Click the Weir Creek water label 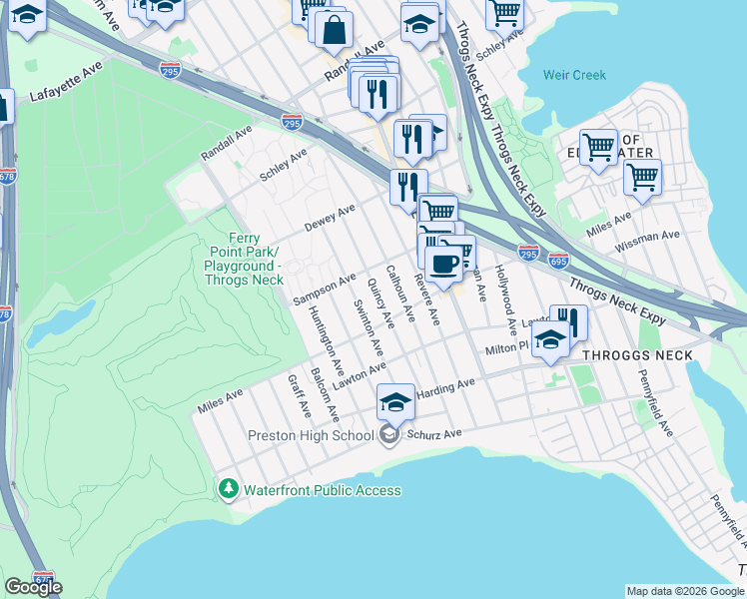[574, 75]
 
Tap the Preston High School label [311, 435]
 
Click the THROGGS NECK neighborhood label [637, 355]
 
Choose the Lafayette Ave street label [66, 96]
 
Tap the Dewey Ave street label [330, 218]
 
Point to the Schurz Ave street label [439, 434]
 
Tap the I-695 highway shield [558, 260]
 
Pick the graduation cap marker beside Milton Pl [549, 341]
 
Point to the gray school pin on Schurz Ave [388, 434]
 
